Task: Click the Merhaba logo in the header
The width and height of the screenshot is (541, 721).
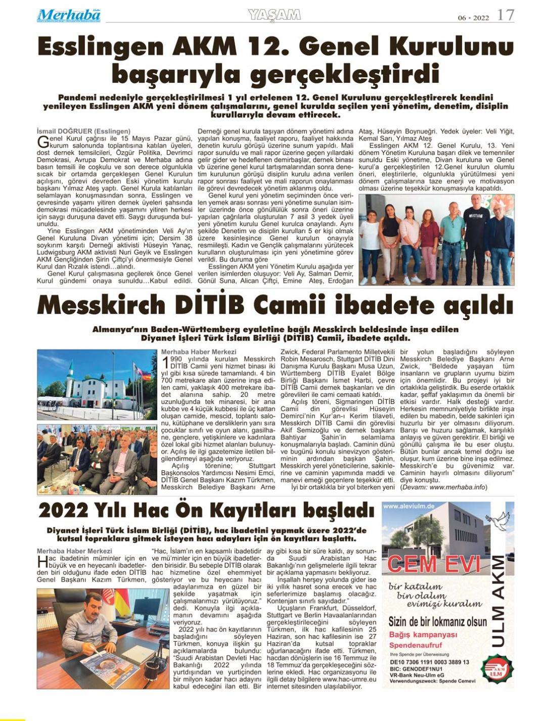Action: tap(68, 15)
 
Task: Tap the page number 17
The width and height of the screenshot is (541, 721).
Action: tap(505, 15)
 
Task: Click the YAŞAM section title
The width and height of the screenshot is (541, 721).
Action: tap(275, 15)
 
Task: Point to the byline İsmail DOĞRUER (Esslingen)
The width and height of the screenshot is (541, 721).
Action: tap(83, 131)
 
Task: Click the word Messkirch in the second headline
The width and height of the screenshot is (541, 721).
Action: tap(102, 305)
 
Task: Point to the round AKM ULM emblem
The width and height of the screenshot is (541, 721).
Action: tap(497, 667)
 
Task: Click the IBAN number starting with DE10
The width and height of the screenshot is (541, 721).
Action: tap(429, 662)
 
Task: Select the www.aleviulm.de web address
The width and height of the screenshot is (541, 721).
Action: tap(410, 506)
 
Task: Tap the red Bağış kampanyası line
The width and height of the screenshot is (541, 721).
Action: tap(423, 635)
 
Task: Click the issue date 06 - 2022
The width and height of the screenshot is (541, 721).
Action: tap(474, 17)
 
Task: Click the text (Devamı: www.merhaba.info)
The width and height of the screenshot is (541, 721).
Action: tap(443, 487)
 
